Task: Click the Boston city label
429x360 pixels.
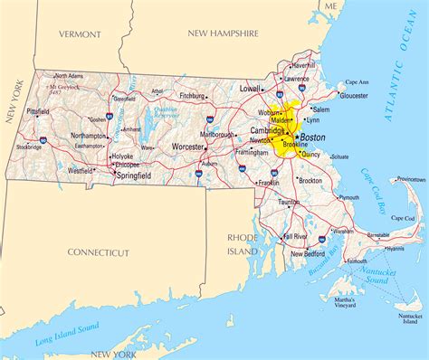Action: coord(312,137)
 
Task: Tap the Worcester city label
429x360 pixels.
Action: coord(189,146)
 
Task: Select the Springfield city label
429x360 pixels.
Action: coord(133,175)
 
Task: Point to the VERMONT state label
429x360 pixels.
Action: coord(81,33)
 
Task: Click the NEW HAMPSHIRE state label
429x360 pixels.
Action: coord(224,33)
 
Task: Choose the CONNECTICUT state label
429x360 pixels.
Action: coord(99,252)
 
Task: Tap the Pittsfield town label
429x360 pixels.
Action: coord(38,111)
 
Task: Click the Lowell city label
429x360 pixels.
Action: coord(250,90)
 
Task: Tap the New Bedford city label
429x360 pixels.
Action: coord(309,254)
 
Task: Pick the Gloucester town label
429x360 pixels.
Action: coord(354,94)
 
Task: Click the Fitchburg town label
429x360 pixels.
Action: coord(192,95)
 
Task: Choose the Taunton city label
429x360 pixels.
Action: coord(289,203)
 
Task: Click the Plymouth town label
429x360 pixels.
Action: coord(349,197)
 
